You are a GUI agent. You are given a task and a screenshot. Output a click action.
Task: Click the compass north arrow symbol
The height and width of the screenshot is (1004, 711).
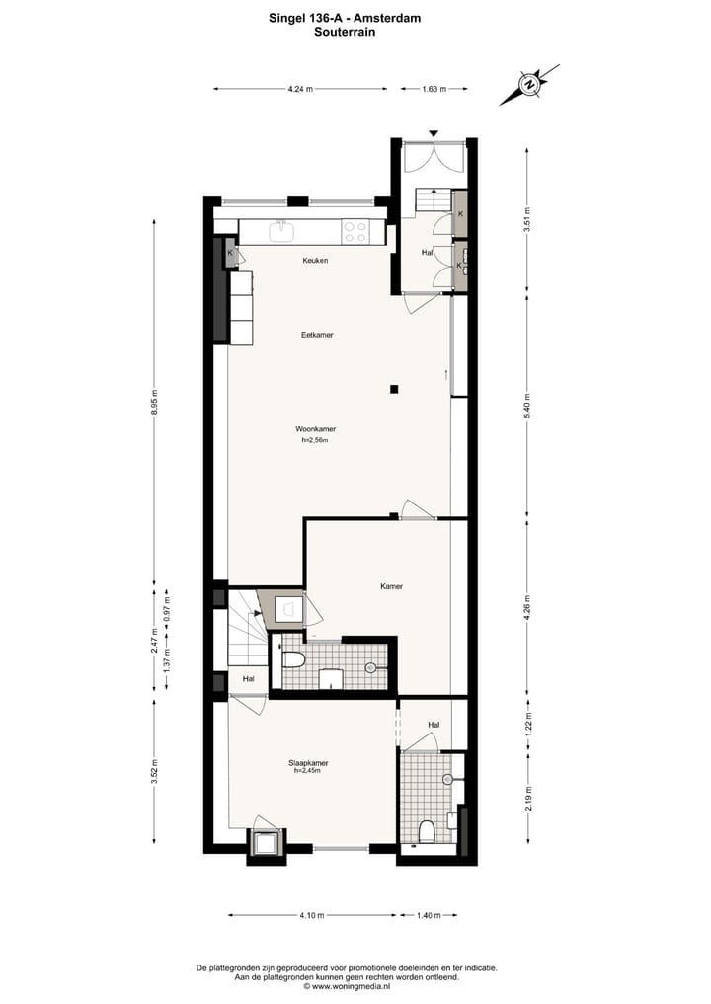point(530,84)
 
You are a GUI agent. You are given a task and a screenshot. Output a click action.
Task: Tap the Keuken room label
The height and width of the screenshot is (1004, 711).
point(315,261)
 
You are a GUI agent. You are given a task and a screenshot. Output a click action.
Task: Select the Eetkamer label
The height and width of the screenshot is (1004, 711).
point(317,335)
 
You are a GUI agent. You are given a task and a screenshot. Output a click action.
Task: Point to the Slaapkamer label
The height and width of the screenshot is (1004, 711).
point(309,763)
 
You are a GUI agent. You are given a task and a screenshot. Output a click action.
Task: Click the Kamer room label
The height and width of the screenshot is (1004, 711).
point(391,586)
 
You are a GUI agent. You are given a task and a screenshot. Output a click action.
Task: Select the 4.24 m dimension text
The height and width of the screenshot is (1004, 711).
point(300,89)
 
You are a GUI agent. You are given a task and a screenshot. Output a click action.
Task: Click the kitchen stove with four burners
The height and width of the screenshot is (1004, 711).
point(355,232)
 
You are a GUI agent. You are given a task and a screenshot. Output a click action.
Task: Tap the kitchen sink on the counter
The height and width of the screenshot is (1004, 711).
point(281,230)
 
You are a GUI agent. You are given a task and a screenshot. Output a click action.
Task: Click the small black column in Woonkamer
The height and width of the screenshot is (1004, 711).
point(393,389)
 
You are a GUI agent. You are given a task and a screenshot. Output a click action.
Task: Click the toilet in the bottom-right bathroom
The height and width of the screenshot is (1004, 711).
point(427,832)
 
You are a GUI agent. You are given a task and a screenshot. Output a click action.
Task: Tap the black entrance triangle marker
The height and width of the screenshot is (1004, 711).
point(433,133)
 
